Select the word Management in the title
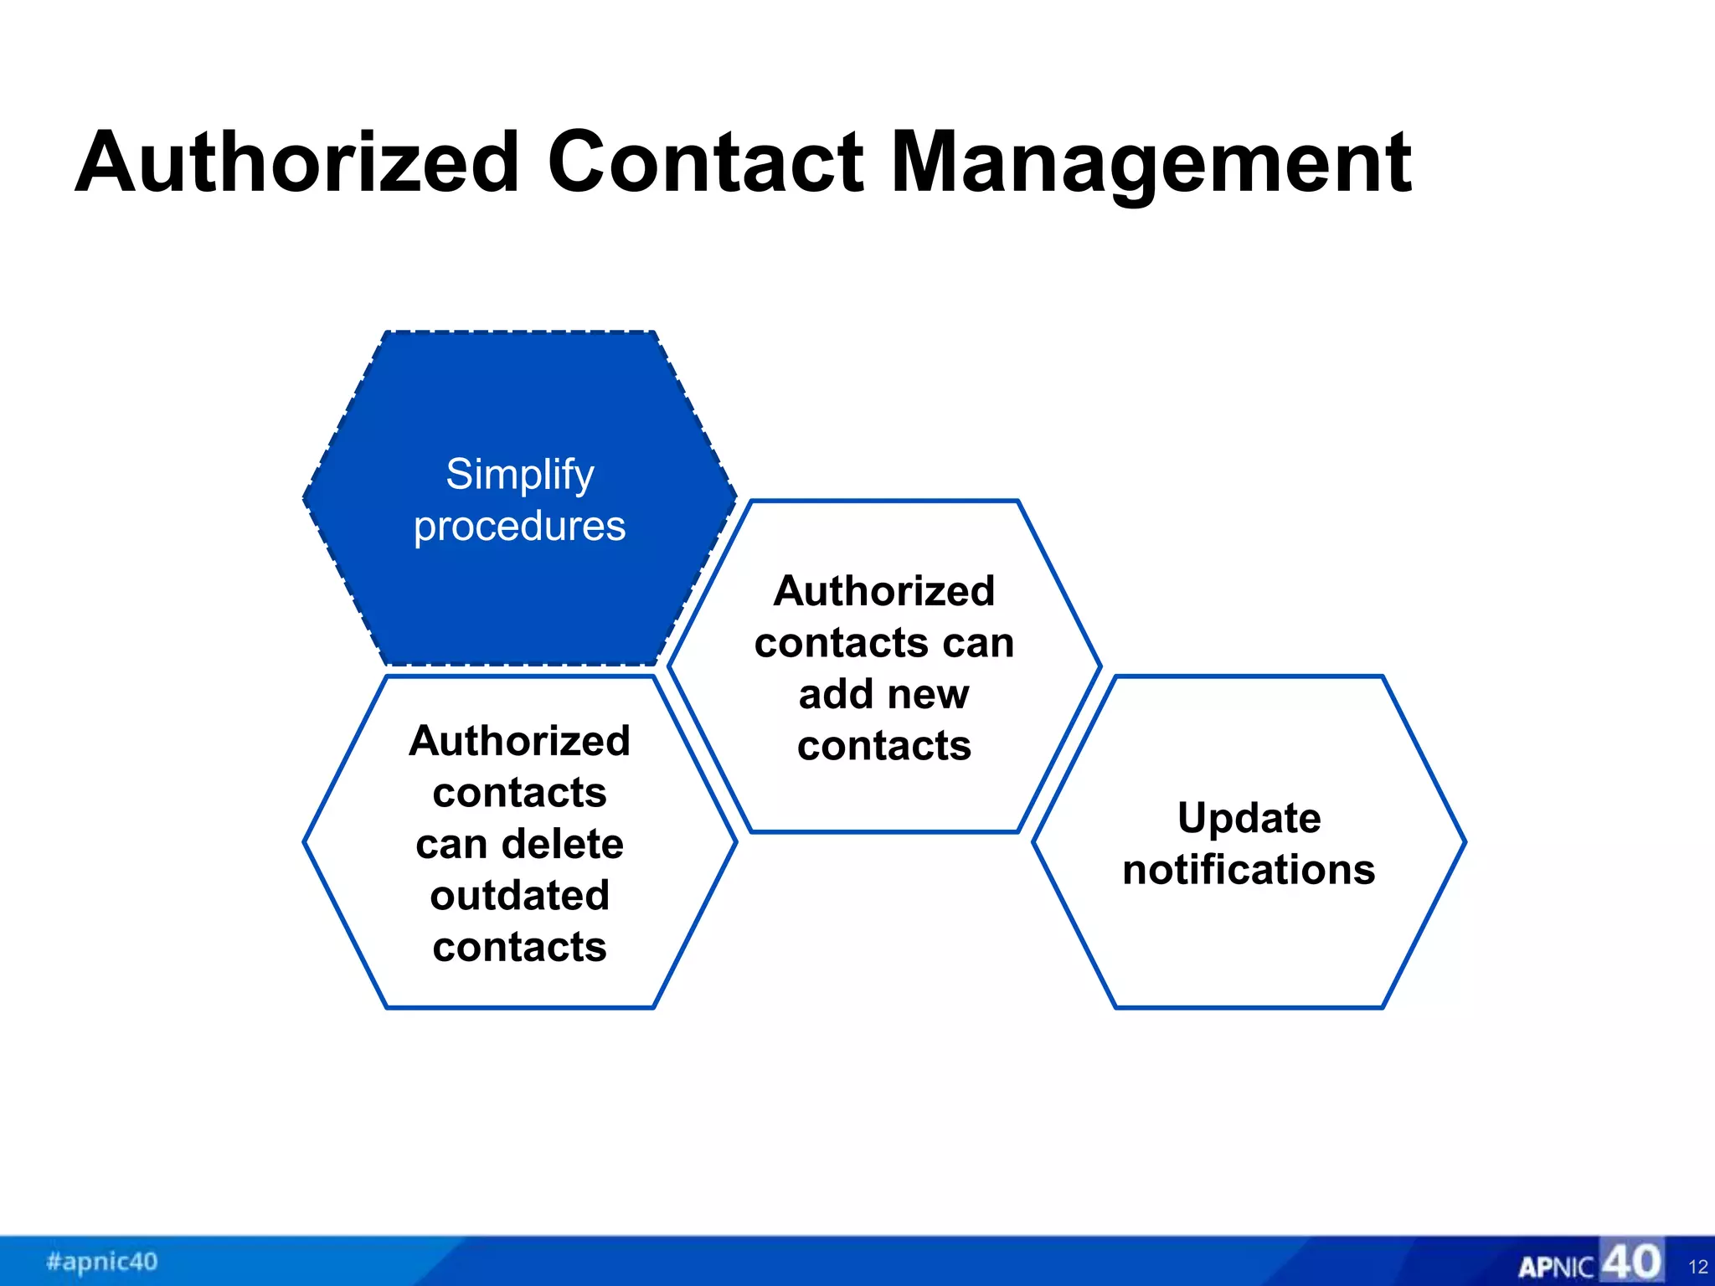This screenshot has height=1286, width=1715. click(1151, 163)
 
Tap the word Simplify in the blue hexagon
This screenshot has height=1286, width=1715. click(519, 475)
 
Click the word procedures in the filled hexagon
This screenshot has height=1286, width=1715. click(519, 527)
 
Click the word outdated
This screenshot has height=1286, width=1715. click(519, 896)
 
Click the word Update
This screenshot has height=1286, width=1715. click(1249, 818)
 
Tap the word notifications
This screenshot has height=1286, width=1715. click(1249, 870)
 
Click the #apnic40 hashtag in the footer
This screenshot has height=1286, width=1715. click(102, 1261)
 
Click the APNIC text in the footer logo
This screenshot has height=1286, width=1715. click(1556, 1267)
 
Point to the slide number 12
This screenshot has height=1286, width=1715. click(1697, 1267)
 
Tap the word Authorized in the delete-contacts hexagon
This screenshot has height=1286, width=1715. click(519, 741)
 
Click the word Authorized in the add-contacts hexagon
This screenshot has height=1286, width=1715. click(884, 591)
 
